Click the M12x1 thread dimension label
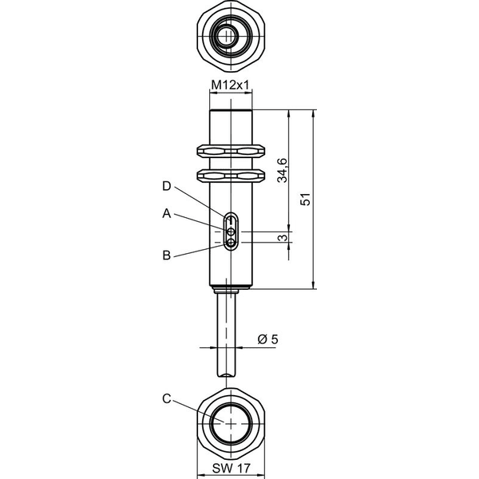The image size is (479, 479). pyautogui.click(x=231, y=85)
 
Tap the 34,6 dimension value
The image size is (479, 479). pyautogui.click(x=283, y=171)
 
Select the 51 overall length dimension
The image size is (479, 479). pyautogui.click(x=305, y=199)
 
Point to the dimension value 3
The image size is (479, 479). pyautogui.click(x=283, y=237)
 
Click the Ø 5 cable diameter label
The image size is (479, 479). pyautogui.click(x=268, y=339)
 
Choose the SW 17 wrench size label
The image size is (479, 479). pyautogui.click(x=232, y=468)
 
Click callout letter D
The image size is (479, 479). pyautogui.click(x=167, y=186)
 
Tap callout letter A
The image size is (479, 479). pyautogui.click(x=167, y=213)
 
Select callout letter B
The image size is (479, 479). pyautogui.click(x=167, y=255)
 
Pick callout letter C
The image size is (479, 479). pyautogui.click(x=167, y=398)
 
